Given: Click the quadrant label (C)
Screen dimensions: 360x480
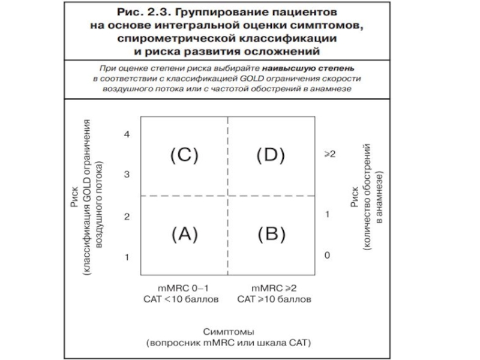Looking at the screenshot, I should tap(184, 155).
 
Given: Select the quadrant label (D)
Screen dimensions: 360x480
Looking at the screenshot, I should tap(271, 155).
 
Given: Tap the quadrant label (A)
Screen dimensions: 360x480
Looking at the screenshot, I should tap(184, 234).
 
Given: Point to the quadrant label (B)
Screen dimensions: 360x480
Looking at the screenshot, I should tap(271, 234).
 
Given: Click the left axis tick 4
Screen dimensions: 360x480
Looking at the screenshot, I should tap(127, 134).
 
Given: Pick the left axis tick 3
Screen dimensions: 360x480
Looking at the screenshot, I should tap(127, 175).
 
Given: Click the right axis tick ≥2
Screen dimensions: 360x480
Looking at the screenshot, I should tap(329, 154).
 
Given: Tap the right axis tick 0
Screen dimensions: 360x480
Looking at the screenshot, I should tap(328, 256).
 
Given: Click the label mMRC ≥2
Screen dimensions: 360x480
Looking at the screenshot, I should tap(274, 287).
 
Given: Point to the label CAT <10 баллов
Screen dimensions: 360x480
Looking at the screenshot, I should tap(181, 299).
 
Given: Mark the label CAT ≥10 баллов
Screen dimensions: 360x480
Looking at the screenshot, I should tap(274, 299).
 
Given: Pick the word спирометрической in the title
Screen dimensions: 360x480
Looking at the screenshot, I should tap(184, 38).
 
